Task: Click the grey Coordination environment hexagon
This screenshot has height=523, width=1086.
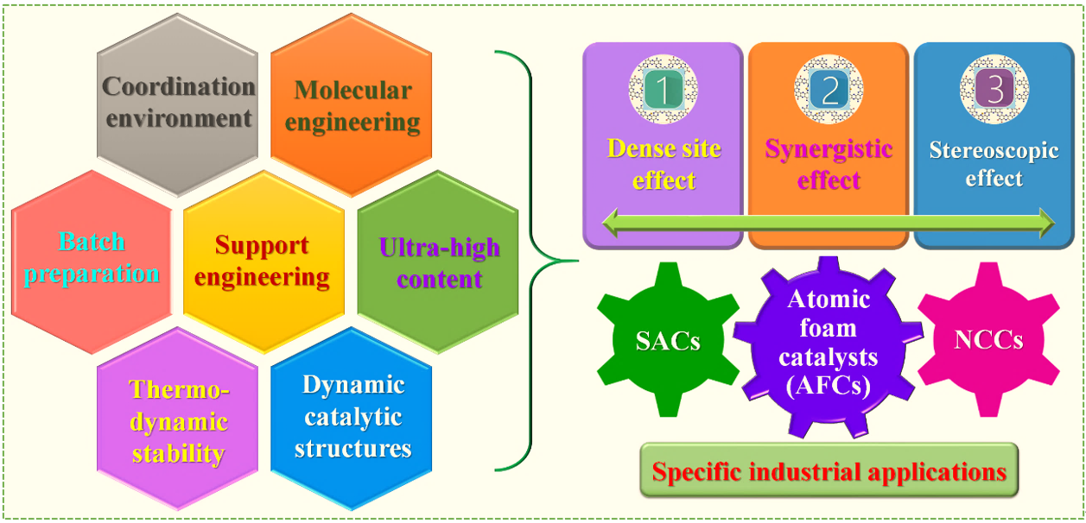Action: tap(177, 104)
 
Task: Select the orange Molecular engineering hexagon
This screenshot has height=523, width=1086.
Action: tap(351, 104)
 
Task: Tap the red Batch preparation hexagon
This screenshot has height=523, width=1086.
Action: tap(92, 261)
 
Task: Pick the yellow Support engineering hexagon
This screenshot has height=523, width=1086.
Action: tap(264, 261)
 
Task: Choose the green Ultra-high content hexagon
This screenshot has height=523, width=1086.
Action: tap(438, 261)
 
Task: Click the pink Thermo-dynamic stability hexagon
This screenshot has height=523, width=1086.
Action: tap(177, 419)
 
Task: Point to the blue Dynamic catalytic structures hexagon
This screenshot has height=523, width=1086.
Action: tap(351, 419)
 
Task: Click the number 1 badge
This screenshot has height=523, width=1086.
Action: tap(663, 89)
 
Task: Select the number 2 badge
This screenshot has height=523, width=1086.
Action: tap(829, 89)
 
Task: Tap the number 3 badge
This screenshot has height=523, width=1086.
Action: tap(994, 89)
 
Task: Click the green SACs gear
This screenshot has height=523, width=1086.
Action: tap(668, 339)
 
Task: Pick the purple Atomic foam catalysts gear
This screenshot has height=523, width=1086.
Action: tap(828, 347)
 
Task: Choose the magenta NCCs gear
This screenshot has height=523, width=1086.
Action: tap(988, 339)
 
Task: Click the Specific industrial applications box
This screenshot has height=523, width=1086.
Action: tap(829, 470)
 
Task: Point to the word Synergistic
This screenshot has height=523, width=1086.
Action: tap(829, 148)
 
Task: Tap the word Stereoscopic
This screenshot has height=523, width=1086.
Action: tap(994, 151)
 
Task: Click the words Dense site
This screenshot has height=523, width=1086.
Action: tap(664, 148)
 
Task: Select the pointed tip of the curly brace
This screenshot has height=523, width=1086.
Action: tap(578, 261)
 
